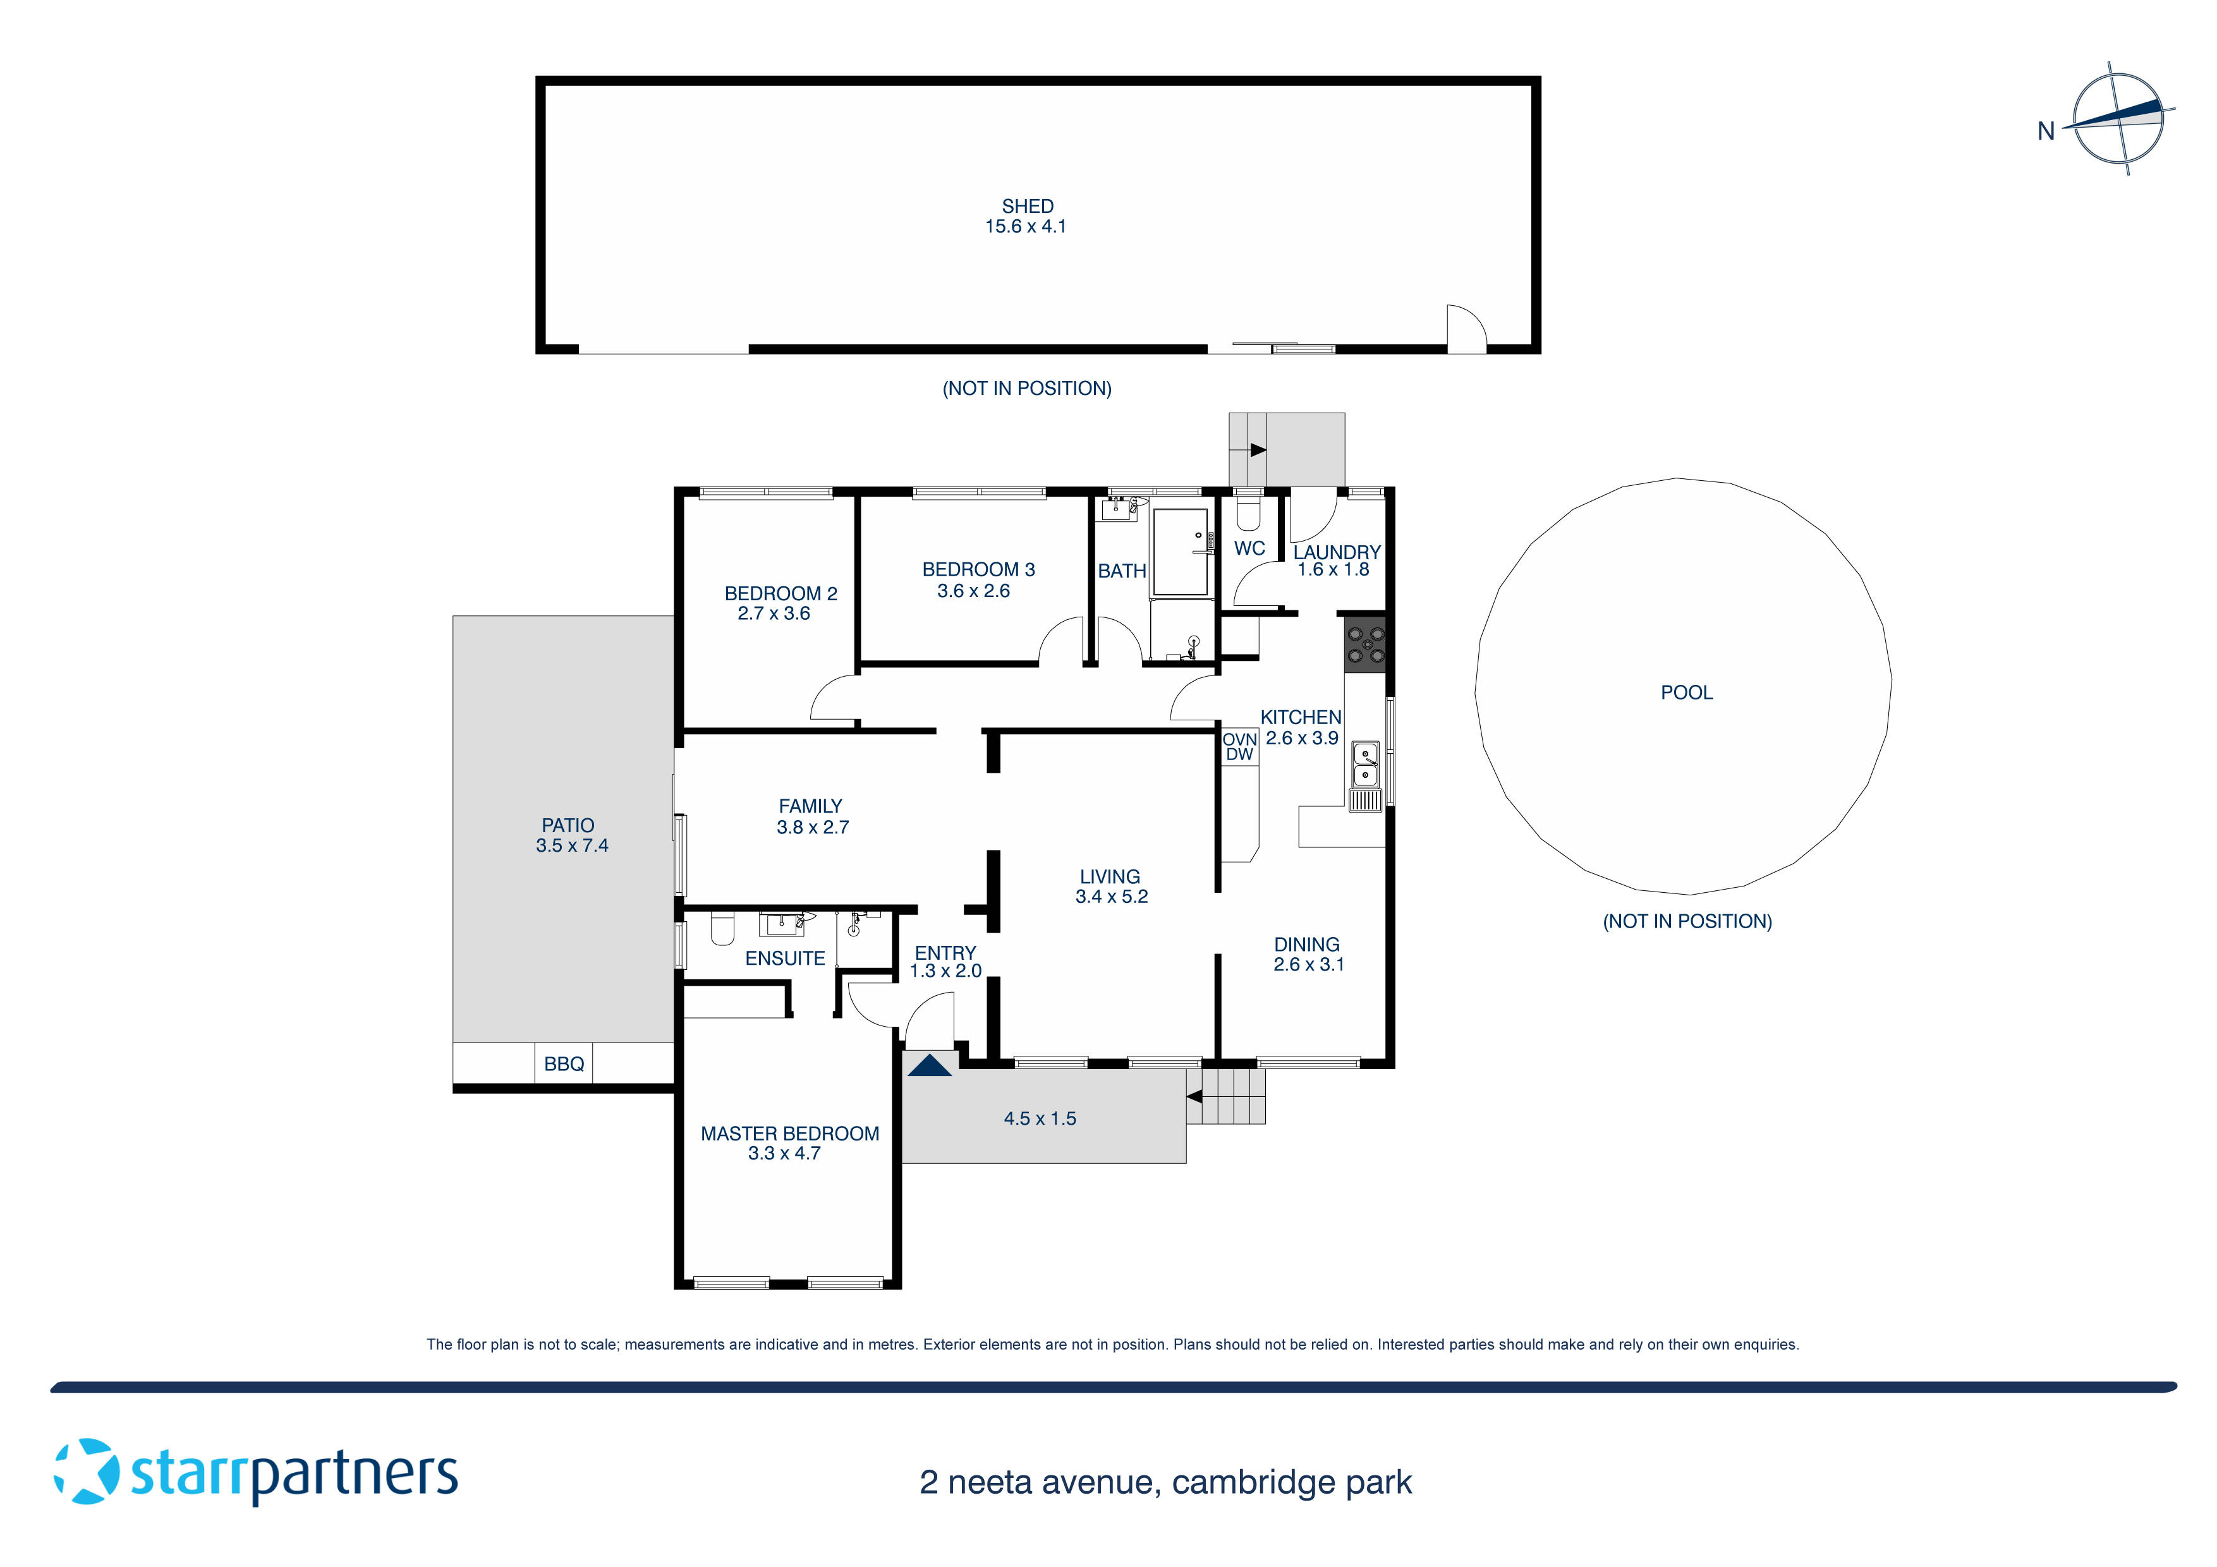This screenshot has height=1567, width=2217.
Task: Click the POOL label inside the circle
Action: coord(1686,693)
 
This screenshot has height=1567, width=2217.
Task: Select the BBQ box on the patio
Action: coord(564,1064)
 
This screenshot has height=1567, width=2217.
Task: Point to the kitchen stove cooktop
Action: coord(1365,645)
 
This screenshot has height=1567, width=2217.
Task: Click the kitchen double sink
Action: coord(1364,764)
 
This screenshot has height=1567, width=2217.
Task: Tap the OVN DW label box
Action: coord(1240,746)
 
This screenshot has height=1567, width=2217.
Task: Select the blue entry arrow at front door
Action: coord(930,1066)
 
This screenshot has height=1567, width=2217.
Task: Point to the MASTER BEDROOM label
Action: coord(790,1134)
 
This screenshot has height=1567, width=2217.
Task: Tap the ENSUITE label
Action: coord(785,959)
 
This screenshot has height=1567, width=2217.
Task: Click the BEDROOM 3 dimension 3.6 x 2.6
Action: coord(973,591)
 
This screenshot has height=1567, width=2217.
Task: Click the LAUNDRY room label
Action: coord(1337,552)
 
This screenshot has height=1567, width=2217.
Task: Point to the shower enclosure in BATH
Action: coord(1180,550)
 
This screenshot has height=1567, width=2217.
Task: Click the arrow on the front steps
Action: coord(1194,1097)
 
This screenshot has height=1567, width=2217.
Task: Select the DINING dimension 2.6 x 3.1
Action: coord(1308,965)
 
